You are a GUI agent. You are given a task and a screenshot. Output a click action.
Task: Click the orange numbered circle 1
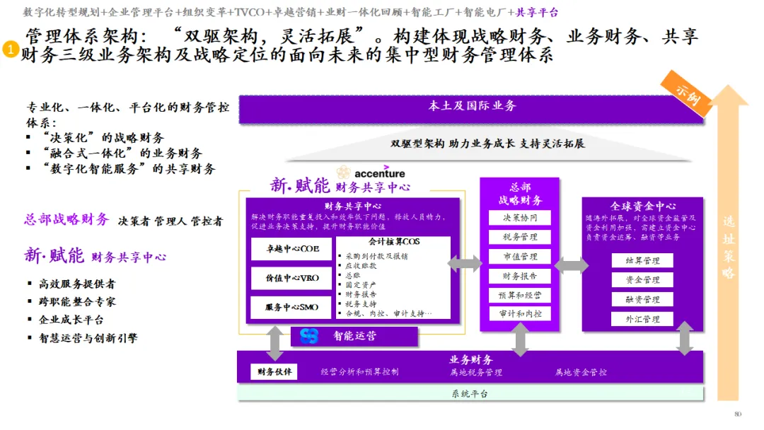coord(11,50)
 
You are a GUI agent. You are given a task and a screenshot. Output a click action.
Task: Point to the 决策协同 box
coord(520,218)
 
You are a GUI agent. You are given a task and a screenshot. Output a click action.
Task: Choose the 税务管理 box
coord(520,237)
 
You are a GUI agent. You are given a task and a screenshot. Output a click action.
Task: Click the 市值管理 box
coord(520,257)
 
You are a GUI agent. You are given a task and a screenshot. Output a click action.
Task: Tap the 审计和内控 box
coord(520,313)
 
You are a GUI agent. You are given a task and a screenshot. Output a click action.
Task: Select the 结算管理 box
coord(642,261)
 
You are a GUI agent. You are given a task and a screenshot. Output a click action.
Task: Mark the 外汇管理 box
coord(642,319)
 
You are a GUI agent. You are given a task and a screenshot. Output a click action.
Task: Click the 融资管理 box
coord(642,300)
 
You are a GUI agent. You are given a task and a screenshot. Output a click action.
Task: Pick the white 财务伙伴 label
coord(274,372)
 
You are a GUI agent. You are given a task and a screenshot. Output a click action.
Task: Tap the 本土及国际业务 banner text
coord(472,106)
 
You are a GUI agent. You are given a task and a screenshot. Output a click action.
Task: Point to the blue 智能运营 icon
coord(309,337)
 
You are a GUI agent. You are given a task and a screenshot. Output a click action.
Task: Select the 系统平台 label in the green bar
coord(470,394)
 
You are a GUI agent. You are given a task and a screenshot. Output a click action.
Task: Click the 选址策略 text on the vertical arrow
coord(729,248)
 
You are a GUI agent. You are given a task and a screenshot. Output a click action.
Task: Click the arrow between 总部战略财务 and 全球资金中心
coord(571,265)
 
